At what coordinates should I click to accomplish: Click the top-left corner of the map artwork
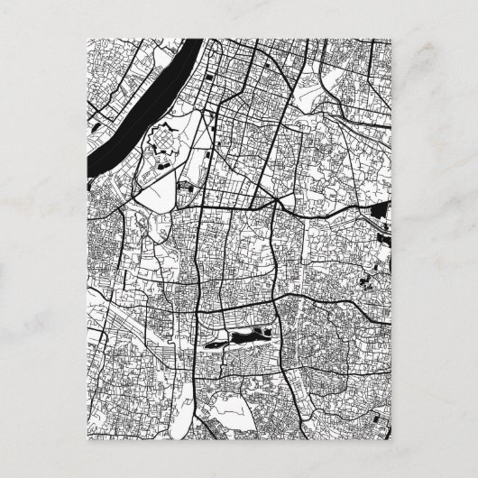pyautogui.click(x=87, y=38)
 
